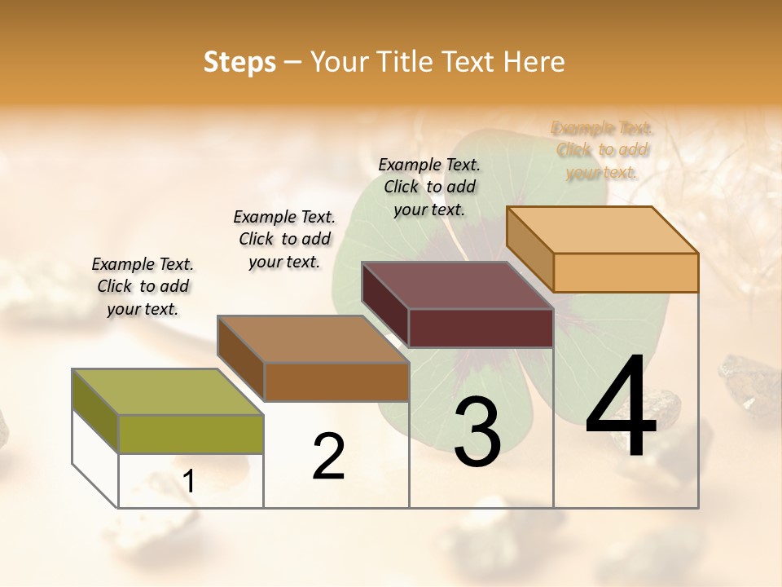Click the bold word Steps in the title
239,62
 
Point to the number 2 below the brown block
329,457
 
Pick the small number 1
189,482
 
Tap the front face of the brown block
336,382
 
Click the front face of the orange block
626,272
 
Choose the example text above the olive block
143,286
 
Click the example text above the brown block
284,239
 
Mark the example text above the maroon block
429,187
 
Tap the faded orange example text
602,150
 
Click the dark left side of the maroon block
384,306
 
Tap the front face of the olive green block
191,434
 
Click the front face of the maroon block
481,328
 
